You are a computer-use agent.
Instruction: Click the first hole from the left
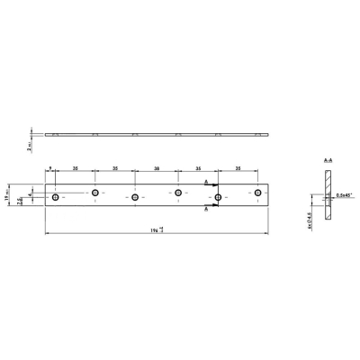[x=55, y=195]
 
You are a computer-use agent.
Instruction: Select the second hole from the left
[x=94, y=193]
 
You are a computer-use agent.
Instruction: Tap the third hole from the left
[x=135, y=197]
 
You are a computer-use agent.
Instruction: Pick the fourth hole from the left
[x=178, y=193]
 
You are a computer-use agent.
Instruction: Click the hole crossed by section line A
[x=219, y=196]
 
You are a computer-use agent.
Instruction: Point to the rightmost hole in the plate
[x=259, y=193]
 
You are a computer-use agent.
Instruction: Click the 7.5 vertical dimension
[x=20, y=202]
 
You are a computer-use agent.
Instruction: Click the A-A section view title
[x=328, y=158]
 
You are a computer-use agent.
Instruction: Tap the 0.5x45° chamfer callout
[x=342, y=193]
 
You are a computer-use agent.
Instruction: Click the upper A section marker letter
[x=206, y=182]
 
